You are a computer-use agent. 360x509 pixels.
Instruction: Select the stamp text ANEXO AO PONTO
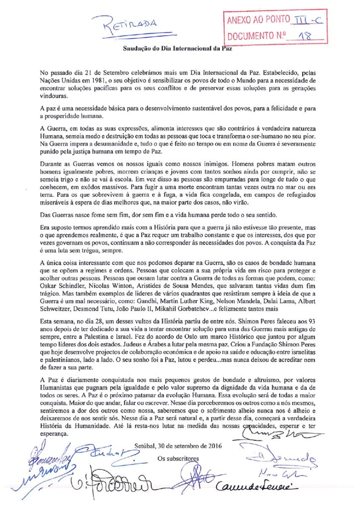258,20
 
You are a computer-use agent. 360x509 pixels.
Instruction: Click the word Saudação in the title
138,49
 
